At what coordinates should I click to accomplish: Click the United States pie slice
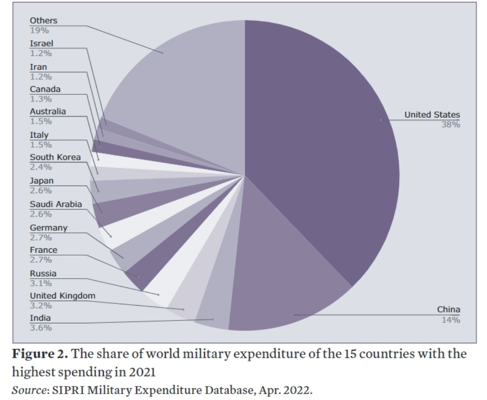click(x=325, y=135)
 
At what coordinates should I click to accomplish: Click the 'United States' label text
click(x=432, y=115)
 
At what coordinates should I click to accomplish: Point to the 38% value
click(x=450, y=125)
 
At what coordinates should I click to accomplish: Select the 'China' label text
click(x=449, y=310)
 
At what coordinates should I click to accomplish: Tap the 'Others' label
click(x=44, y=21)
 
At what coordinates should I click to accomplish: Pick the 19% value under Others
click(x=39, y=31)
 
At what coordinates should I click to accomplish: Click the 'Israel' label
click(x=42, y=44)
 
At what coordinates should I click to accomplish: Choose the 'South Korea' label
click(x=55, y=158)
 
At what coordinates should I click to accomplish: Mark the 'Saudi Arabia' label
click(x=56, y=205)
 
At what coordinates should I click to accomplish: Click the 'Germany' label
click(x=48, y=228)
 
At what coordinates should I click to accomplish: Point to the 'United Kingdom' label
click(x=63, y=296)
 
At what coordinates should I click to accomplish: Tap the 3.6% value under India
click(x=41, y=328)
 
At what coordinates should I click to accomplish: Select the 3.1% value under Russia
click(x=41, y=284)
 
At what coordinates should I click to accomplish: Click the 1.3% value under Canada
click(x=41, y=99)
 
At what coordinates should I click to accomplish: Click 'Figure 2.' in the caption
click(x=41, y=354)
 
